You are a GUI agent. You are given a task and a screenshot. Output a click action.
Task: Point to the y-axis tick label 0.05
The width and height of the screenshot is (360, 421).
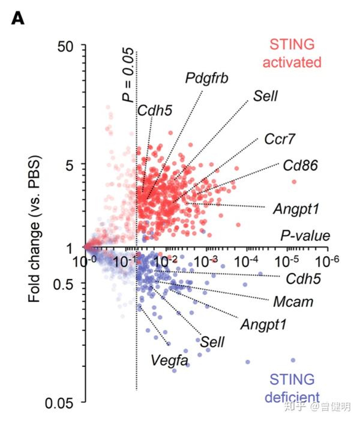pyautogui.click(x=59, y=403)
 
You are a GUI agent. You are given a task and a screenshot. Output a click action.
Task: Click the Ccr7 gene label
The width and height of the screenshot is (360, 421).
pyautogui.click(x=280, y=139)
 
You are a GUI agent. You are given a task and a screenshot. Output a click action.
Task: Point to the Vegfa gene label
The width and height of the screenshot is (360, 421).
pyautogui.click(x=170, y=360)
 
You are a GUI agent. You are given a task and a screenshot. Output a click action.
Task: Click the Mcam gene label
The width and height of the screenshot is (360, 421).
pyautogui.click(x=293, y=302)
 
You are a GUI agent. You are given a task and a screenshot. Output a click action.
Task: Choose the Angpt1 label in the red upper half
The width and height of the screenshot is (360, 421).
pyautogui.click(x=295, y=209)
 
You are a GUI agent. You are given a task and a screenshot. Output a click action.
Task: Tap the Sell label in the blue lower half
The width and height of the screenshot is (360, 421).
pyautogui.click(x=212, y=341)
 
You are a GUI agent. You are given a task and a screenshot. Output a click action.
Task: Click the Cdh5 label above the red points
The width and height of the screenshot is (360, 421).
pyautogui.click(x=155, y=110)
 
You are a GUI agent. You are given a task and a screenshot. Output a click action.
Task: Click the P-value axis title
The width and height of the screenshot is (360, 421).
pyautogui.click(x=305, y=236)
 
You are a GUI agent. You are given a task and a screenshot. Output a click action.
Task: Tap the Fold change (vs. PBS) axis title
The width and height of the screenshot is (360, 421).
pyautogui.click(x=34, y=223)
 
